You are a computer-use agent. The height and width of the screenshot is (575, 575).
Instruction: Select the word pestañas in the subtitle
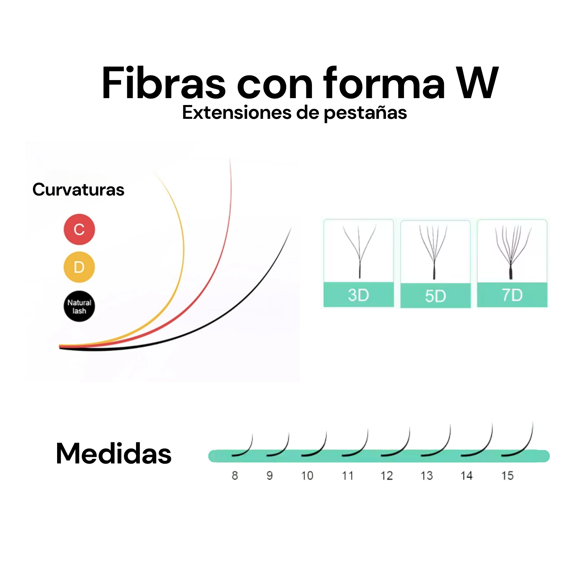pyautogui.click(x=365, y=113)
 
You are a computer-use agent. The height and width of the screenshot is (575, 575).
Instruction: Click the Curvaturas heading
pyautogui.click(x=78, y=190)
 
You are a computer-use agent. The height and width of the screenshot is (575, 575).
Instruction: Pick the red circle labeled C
pyautogui.click(x=79, y=229)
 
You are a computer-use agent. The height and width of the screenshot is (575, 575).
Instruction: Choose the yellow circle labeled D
pyautogui.click(x=79, y=267)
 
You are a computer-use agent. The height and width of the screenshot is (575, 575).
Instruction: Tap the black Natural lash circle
pyautogui.click(x=79, y=306)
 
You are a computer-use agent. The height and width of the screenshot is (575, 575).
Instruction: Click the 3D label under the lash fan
pyautogui.click(x=358, y=295)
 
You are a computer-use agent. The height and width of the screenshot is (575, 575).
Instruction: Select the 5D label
pyautogui.click(x=435, y=296)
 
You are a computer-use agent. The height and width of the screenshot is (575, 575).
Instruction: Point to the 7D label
pyautogui.click(x=512, y=295)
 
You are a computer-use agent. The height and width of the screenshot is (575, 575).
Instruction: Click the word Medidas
pyautogui.click(x=113, y=453)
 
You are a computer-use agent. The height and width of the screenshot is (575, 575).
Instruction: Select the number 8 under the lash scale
pyautogui.click(x=235, y=476)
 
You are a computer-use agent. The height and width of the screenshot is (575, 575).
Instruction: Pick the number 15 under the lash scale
pyautogui.click(x=507, y=476)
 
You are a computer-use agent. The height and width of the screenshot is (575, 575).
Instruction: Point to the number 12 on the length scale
pyautogui.click(x=386, y=476)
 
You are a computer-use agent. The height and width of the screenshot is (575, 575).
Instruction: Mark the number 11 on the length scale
pyautogui.click(x=347, y=476)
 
